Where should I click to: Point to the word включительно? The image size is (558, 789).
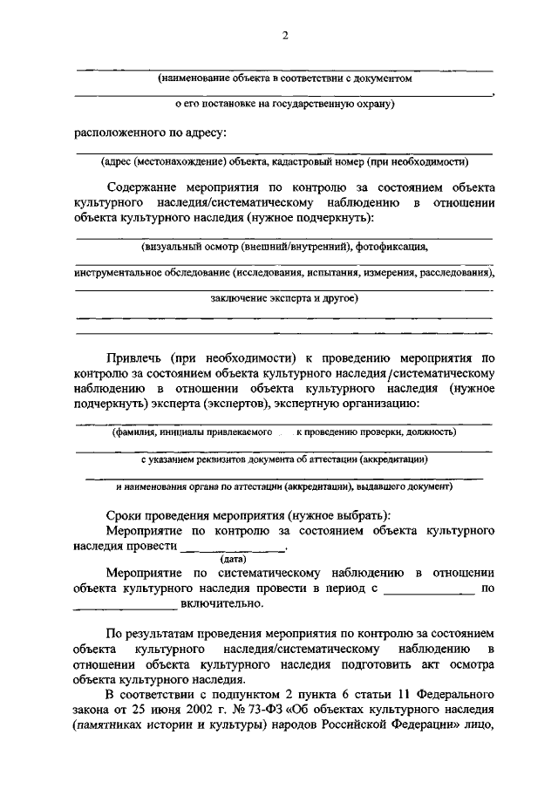(220, 602)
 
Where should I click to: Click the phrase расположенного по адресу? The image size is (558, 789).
(149, 133)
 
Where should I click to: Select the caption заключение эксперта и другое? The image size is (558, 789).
(284, 298)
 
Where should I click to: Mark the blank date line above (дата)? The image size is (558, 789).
(233, 548)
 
